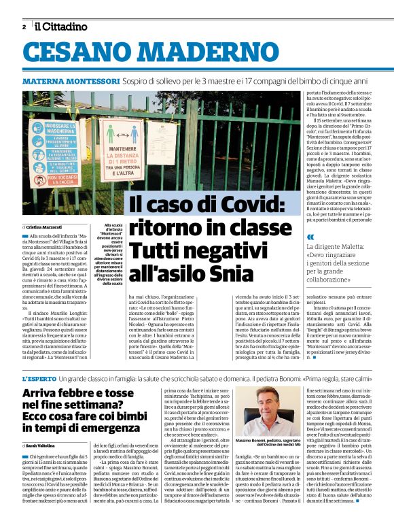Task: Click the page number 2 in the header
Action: (24, 27)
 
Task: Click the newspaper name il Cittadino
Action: (62, 27)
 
